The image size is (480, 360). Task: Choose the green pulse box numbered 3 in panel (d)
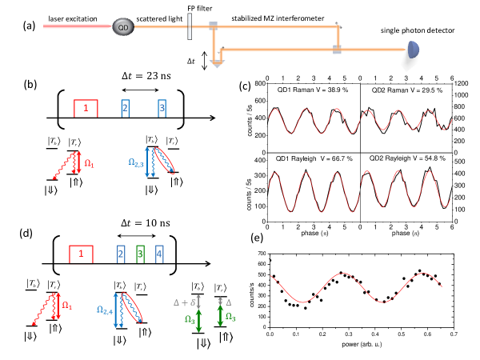coord(139,254)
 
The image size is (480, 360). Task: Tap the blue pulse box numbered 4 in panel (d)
coord(160,254)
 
